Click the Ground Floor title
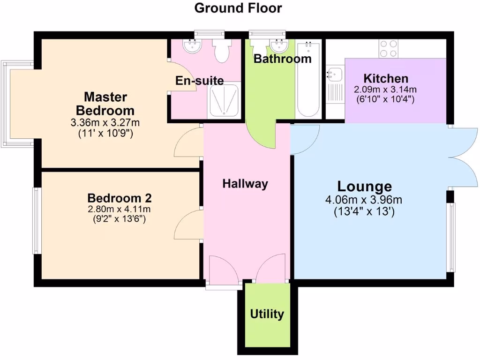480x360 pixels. coord(238,8)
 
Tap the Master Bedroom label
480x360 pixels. coord(105,104)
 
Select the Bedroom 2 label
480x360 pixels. coord(119,198)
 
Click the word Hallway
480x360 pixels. coord(245,184)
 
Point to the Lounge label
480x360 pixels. coord(364,186)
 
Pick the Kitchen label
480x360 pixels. coord(386,78)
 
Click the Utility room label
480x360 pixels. coord(267,314)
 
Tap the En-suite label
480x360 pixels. coord(199,81)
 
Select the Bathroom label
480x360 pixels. coord(282,59)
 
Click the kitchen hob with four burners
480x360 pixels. coord(389,48)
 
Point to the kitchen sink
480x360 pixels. coord(335,74)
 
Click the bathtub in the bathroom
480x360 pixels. coord(308,80)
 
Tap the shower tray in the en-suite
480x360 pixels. coord(224,100)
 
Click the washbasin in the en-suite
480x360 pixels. coord(192,46)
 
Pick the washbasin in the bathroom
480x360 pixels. coord(279,45)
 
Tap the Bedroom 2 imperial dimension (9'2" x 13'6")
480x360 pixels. coord(119,218)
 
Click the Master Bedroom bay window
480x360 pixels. coord(18,104)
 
